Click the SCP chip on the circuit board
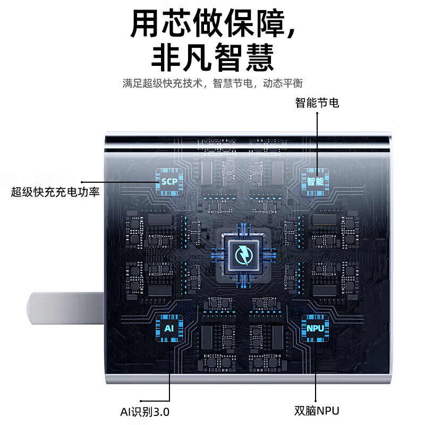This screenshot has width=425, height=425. (x=169, y=182)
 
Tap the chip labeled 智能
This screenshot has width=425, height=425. (x=315, y=182)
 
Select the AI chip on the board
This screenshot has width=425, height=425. (x=169, y=328)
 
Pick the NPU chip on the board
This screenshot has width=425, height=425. (x=315, y=328)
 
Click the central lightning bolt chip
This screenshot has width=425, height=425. (x=244, y=255)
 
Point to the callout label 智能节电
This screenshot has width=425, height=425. (x=317, y=103)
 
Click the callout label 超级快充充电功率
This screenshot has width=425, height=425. (x=55, y=192)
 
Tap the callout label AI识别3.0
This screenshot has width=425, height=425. (x=144, y=412)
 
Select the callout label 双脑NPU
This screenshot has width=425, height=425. (x=317, y=411)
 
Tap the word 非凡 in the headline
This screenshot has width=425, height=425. (x=181, y=58)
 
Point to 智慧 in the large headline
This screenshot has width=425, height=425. (x=244, y=58)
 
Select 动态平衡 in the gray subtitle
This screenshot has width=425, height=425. (x=283, y=83)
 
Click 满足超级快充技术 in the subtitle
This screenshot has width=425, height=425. (x=163, y=83)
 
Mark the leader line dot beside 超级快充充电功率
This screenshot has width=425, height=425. (x=82, y=182)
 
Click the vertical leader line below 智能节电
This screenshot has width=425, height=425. (x=317, y=140)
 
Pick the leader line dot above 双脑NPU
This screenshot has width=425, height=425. (x=316, y=401)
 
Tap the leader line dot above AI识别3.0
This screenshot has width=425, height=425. (x=141, y=401)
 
